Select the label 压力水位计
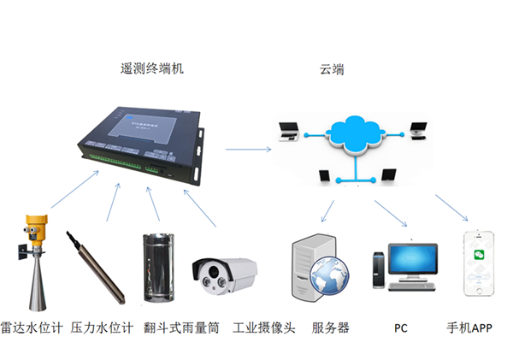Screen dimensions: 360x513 click(x=102, y=328)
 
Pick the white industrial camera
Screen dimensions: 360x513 click(x=224, y=274)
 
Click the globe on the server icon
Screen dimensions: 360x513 click(x=329, y=276)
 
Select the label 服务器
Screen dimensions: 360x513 click(x=330, y=328)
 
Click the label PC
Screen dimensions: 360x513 click(x=401, y=328)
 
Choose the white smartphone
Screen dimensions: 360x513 click(x=481, y=263)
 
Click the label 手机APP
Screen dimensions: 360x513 click(x=469, y=328)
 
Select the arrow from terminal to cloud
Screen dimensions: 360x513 click(x=248, y=149)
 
